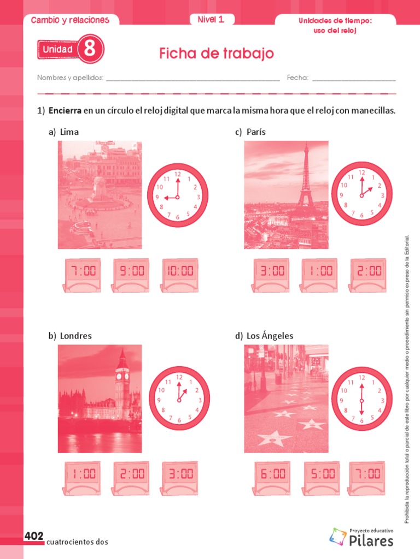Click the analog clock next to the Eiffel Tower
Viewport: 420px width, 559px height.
361,194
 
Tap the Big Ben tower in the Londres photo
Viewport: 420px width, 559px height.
122,382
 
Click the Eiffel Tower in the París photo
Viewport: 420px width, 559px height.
306,180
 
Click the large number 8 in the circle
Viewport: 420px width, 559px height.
90,50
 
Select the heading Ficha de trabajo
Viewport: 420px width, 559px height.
216,53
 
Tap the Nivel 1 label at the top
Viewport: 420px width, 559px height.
211,20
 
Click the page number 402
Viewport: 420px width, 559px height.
33,537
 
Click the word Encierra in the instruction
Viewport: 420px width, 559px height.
65,111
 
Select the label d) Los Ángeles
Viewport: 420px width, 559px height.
264,336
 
